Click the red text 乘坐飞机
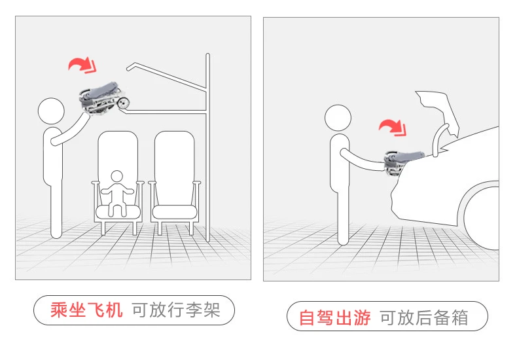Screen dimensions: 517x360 [86, 310]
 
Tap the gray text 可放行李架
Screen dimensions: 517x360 [175, 310]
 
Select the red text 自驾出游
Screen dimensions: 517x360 [334, 319]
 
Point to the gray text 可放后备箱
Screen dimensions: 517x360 [424, 319]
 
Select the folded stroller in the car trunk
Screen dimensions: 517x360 [406, 158]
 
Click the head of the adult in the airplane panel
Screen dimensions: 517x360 [51, 111]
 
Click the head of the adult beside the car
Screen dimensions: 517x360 [338, 118]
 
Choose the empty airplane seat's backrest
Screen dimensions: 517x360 [174, 157]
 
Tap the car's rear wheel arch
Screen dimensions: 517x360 [481, 203]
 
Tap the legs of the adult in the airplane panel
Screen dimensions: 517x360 [56, 209]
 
